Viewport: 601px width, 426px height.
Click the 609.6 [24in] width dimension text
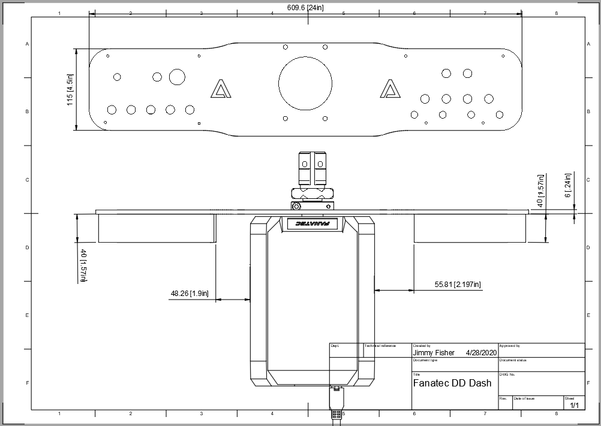click(x=305, y=8)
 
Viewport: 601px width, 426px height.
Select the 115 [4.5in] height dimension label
click(x=70, y=90)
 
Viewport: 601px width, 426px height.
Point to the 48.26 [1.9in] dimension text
click(x=190, y=294)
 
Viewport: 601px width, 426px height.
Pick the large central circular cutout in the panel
click(x=305, y=83)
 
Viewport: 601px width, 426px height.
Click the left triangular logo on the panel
click(x=221, y=89)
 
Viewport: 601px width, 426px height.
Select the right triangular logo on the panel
click(x=390, y=89)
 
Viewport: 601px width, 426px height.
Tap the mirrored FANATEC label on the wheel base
click(x=312, y=224)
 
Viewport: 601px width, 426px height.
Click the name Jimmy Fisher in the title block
click(x=434, y=353)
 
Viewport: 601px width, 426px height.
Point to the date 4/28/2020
click(x=481, y=353)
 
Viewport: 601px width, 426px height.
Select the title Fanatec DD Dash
click(x=452, y=383)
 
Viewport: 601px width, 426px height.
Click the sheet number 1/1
click(x=574, y=406)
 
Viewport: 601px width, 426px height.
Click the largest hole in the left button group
click(x=177, y=77)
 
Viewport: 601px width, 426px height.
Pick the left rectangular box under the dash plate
click(x=156, y=228)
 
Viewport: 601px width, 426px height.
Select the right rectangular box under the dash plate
click(x=470, y=228)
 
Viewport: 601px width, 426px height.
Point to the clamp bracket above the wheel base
click(x=312, y=180)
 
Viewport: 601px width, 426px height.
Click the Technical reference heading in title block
click(x=380, y=346)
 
